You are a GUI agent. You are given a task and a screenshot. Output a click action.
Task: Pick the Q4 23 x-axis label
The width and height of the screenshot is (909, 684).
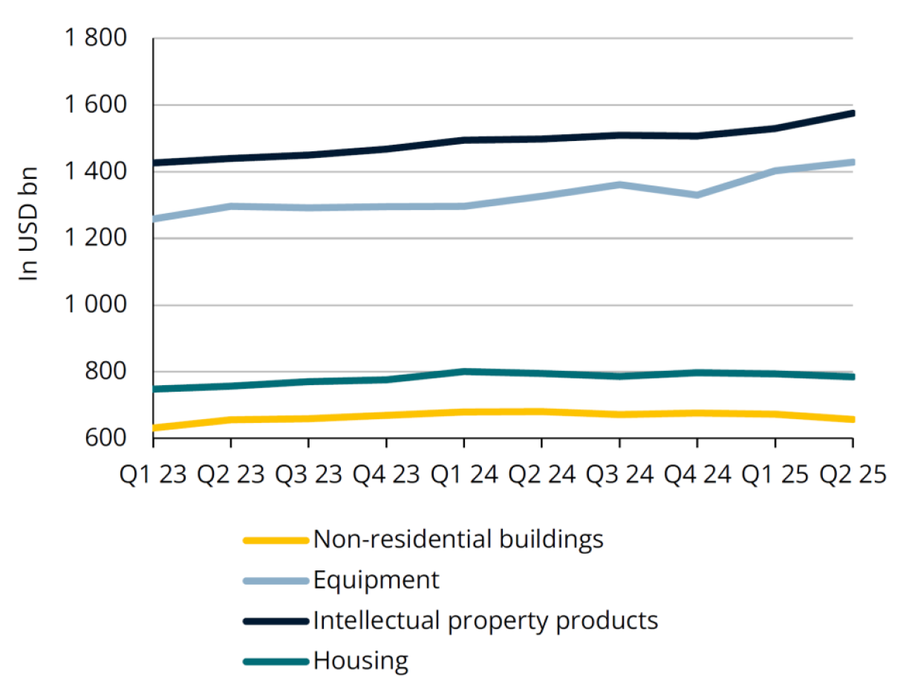pos(385,473)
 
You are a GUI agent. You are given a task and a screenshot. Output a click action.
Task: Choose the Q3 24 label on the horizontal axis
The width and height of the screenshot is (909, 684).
pos(619,473)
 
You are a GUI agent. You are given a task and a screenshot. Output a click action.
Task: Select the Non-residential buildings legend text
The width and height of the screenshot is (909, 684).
pos(458,539)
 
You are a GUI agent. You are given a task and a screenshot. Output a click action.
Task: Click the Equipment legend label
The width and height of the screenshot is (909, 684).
pos(376,579)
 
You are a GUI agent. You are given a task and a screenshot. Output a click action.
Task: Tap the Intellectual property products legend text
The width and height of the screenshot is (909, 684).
pos(486,619)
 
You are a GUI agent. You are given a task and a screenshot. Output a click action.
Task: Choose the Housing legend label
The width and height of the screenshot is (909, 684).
pos(360,660)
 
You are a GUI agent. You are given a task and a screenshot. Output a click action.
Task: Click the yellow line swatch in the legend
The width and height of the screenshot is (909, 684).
pos(276,540)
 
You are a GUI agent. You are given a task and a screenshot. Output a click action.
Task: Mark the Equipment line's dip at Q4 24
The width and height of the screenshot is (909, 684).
pos(697,195)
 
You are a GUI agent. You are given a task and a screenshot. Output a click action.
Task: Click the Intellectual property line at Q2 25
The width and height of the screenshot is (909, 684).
pos(852,114)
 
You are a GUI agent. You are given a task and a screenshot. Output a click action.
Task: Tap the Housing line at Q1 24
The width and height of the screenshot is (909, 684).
pos(464,372)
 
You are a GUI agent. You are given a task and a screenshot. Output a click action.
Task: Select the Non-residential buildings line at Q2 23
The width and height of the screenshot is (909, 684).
pos(231,420)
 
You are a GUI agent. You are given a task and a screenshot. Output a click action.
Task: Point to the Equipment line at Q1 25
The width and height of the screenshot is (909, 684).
pos(775,171)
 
